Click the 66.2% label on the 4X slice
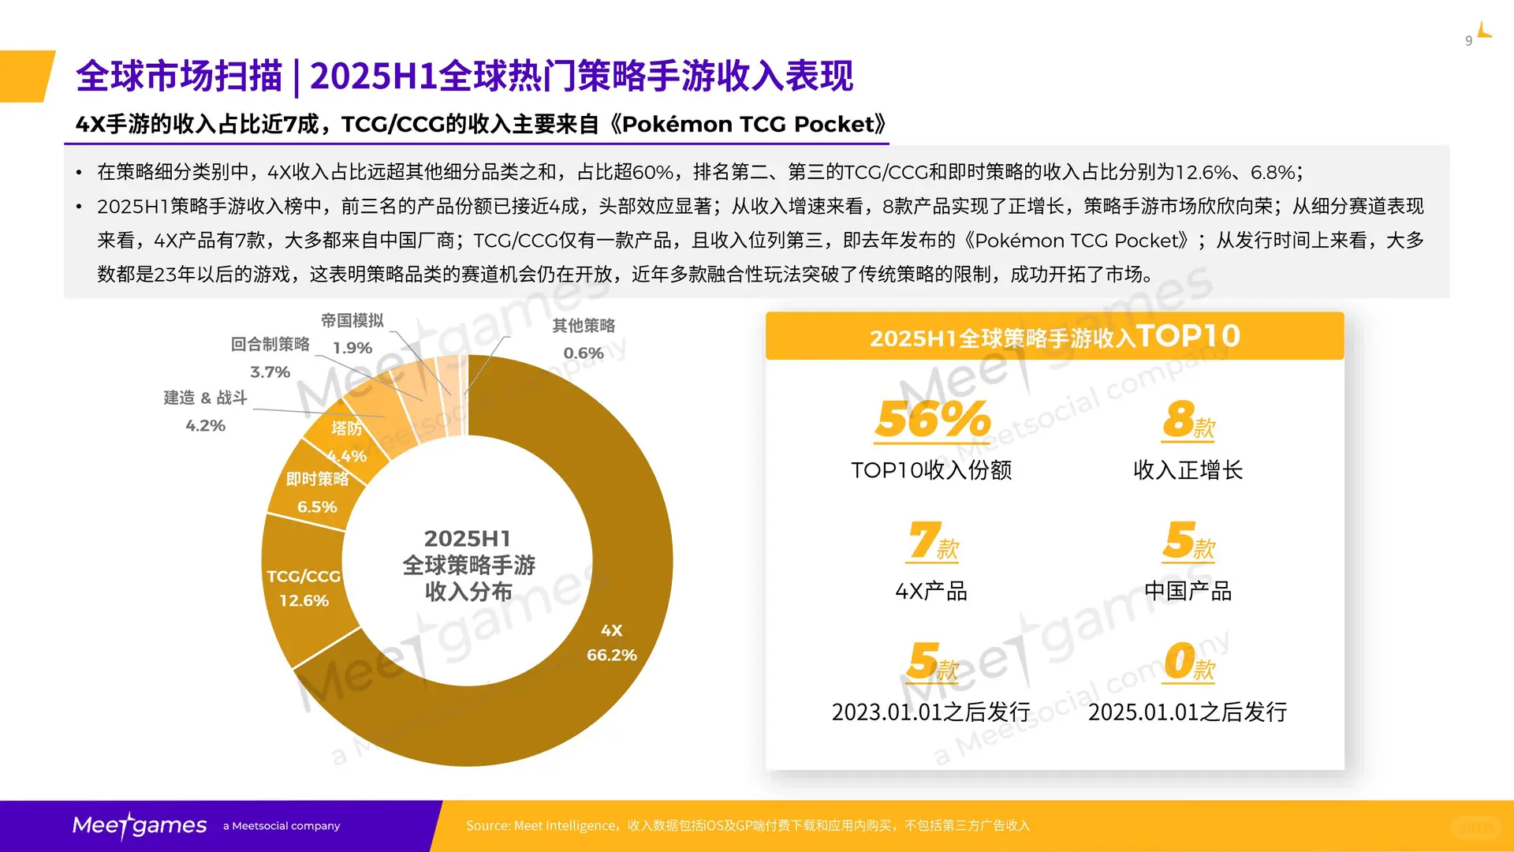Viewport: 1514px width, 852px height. (611, 655)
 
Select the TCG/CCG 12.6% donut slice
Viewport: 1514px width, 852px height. (303, 589)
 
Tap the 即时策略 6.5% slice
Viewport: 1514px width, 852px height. (316, 493)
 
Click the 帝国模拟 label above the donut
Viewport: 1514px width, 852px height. (352, 320)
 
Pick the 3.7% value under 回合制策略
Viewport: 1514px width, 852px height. (270, 372)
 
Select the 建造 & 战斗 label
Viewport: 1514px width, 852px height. (205, 398)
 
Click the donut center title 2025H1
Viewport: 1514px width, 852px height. (468, 539)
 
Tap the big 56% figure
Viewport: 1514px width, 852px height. (932, 419)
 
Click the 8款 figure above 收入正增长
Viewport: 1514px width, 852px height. (1188, 419)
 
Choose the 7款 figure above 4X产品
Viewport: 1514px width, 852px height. (932, 541)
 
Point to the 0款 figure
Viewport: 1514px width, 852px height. (1188, 661)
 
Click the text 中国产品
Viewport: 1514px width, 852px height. (1188, 591)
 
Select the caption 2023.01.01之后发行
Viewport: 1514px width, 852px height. (930, 712)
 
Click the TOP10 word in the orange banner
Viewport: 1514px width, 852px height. (1188, 336)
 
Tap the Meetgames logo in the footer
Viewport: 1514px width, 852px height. (140, 825)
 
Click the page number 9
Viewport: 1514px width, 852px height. (1468, 41)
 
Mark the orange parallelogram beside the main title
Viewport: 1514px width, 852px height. (27, 76)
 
